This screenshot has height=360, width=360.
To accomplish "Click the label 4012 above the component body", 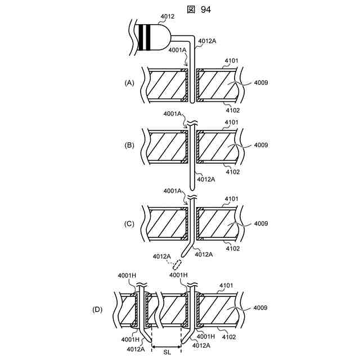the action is pos(167,16).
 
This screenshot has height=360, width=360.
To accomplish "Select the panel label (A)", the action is pos(129,83).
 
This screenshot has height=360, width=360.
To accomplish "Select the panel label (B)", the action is pos(129,145).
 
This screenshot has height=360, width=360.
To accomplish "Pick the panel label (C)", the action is pos(129,223).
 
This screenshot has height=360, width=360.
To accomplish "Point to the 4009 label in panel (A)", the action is pos(260,83).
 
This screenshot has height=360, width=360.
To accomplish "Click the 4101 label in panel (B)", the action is pos(232,122).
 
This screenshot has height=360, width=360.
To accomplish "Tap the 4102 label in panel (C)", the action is pos(232,248).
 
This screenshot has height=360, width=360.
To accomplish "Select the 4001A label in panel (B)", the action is pos(173,114).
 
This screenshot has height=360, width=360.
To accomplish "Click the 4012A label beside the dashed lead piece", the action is pos(161,256).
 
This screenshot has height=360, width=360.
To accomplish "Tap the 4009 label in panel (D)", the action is pos(260,308).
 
